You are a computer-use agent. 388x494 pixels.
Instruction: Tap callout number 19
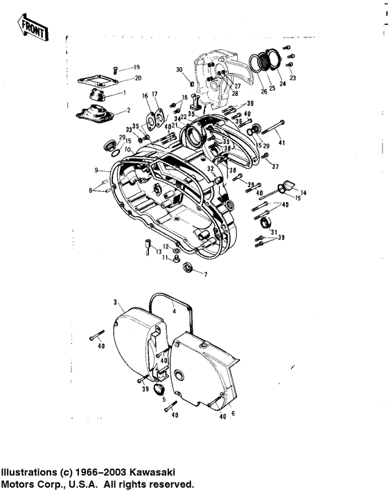coord(136,67)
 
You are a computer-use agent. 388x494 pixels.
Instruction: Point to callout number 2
coord(127,110)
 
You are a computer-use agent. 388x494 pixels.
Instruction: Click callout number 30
coord(179,71)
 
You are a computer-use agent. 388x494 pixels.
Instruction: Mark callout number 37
coord(275,166)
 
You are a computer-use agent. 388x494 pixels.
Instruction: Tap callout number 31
coord(274,231)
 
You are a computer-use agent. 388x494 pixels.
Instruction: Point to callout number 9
coord(98,170)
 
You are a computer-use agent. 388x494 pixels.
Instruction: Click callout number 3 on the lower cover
coord(118,303)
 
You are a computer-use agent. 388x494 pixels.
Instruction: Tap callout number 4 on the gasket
coord(175,312)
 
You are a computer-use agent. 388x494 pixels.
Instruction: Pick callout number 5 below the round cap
coord(164,400)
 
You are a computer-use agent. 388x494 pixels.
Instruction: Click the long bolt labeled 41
coord(274,128)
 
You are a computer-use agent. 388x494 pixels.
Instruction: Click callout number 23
coord(292,79)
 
